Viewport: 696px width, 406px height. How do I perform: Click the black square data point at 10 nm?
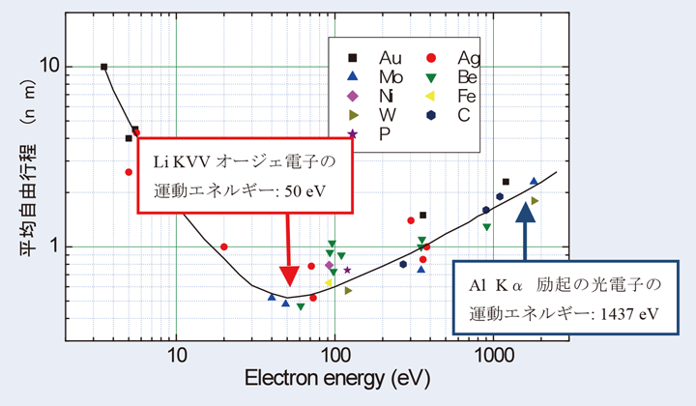point(104,67)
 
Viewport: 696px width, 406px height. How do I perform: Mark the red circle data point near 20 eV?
point(224,246)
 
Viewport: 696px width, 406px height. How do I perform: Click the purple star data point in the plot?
point(348,270)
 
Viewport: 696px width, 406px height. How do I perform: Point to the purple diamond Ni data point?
point(329,265)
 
